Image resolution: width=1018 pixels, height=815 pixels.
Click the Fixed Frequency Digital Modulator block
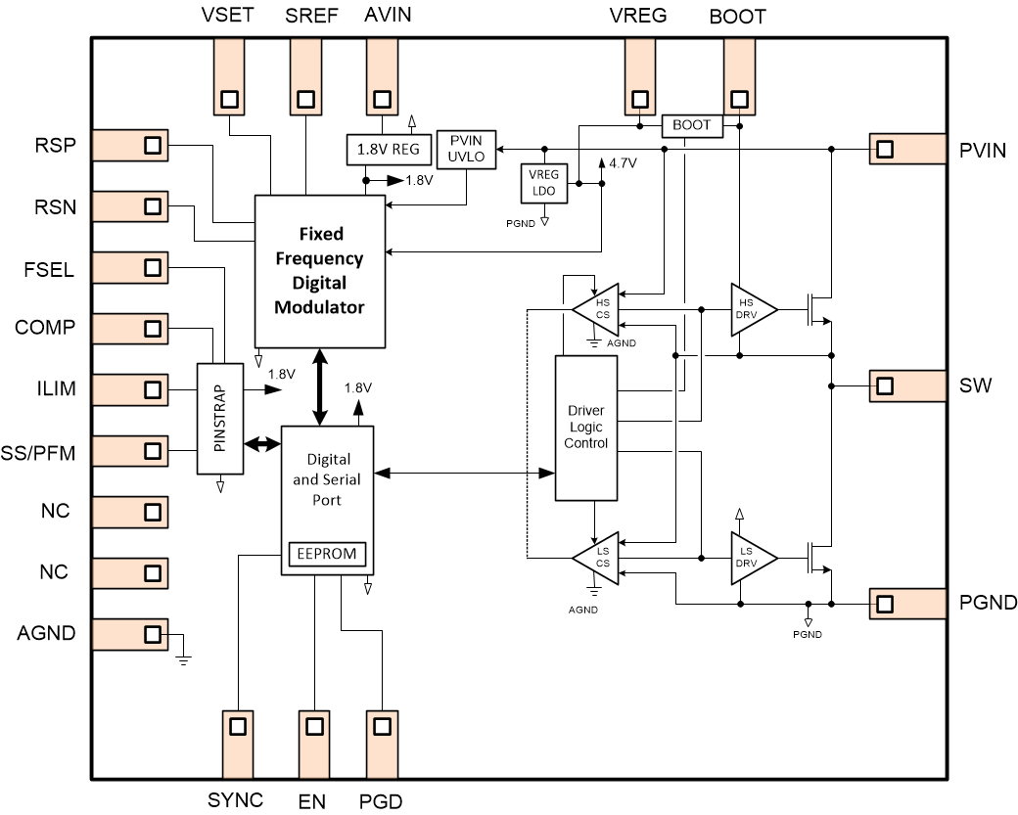point(320,270)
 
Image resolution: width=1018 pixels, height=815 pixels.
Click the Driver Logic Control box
point(586,428)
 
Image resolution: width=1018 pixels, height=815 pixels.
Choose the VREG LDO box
point(543,183)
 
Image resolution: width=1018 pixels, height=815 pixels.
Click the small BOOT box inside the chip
point(691,125)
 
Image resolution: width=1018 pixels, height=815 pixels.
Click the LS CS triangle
point(599,559)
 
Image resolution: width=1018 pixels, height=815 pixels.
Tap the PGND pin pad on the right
point(885,604)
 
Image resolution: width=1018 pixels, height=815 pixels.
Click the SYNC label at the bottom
point(235,800)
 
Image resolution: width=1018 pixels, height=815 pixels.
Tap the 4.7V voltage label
point(622,163)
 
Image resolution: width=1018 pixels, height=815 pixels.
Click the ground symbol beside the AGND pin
point(182,656)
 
